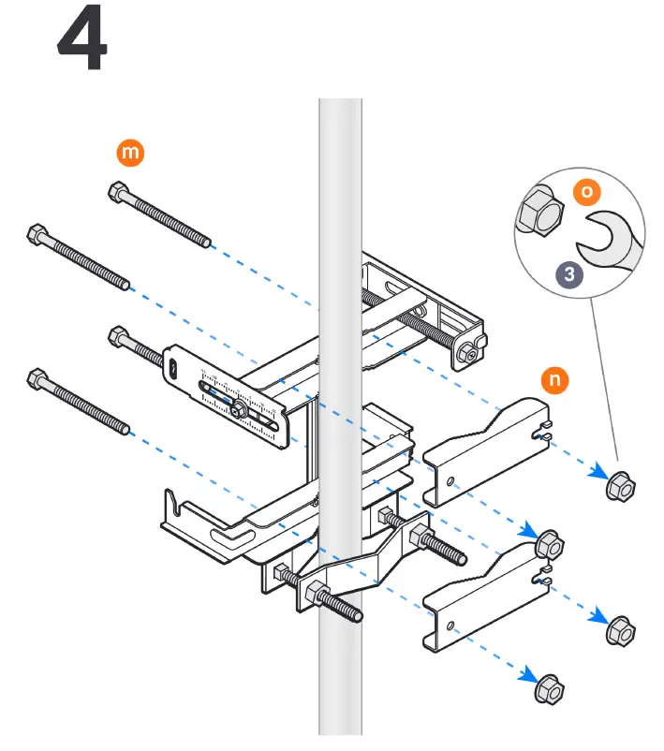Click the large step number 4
click(x=82, y=45)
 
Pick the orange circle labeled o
click(x=587, y=192)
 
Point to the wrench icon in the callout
click(x=609, y=238)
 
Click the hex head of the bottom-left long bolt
click(x=37, y=379)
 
